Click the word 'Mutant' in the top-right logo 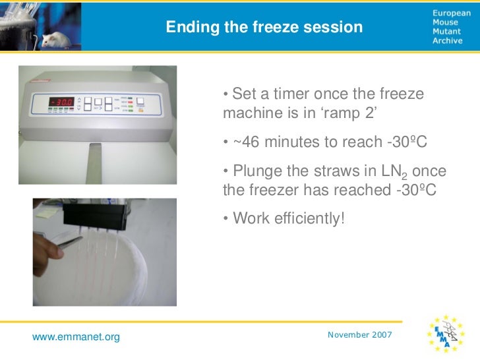446,31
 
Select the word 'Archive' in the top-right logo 448,41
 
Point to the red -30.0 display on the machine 61,103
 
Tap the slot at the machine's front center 99,152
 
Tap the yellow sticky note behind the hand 45,210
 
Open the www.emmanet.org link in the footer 76,337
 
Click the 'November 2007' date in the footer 359,335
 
